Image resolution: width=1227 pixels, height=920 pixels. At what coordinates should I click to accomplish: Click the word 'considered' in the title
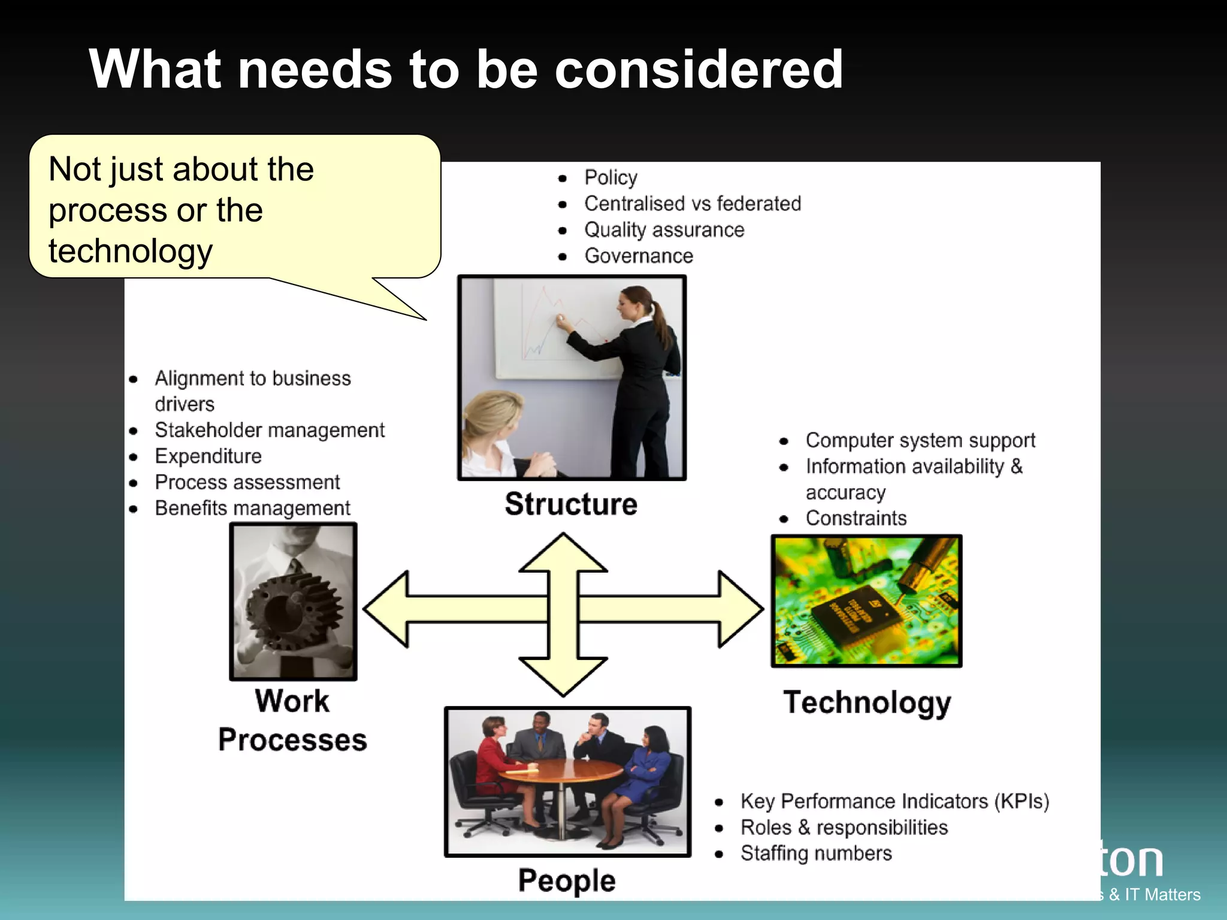point(699,69)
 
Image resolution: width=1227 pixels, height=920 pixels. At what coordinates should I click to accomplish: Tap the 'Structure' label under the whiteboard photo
point(570,504)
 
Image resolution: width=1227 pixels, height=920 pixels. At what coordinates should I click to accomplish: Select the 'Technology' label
point(867,703)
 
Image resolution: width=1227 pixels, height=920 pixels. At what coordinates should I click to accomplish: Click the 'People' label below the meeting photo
point(567,880)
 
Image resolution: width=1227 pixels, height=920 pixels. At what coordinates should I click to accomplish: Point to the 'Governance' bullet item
point(639,256)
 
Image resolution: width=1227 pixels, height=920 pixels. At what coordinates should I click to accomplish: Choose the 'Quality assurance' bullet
point(664,230)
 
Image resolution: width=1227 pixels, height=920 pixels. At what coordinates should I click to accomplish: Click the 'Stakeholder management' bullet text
point(270,430)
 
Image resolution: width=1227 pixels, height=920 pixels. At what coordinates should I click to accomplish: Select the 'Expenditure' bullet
point(208,456)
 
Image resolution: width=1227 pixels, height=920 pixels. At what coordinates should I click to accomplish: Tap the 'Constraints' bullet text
point(856,518)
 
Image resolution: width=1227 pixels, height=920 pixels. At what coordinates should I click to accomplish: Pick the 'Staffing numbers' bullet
point(816,854)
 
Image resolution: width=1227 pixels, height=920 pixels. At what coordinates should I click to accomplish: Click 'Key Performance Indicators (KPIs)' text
point(894,801)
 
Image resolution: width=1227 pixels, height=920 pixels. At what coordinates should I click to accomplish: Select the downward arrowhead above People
point(563,677)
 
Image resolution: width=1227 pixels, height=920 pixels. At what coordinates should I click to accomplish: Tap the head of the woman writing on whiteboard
point(635,302)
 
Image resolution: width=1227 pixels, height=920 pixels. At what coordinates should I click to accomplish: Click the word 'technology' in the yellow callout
point(131,252)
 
